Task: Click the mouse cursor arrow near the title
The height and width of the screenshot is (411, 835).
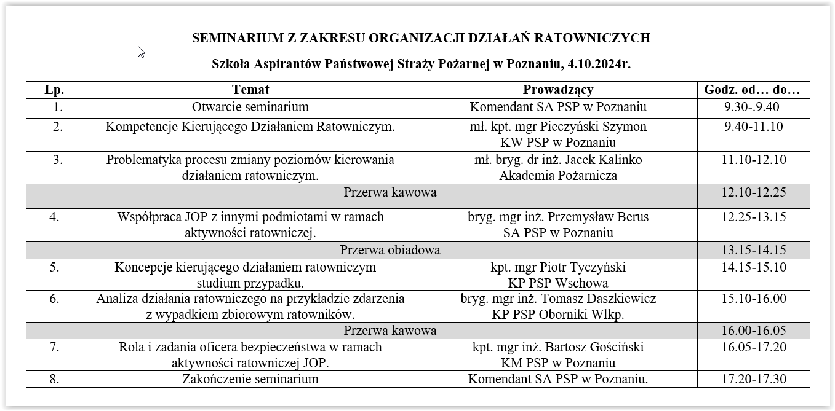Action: [x=141, y=52]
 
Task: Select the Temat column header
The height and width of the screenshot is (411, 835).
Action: [x=250, y=90]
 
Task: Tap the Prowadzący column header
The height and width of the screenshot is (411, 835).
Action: [x=557, y=90]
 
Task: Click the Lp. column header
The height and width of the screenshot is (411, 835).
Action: [x=54, y=90]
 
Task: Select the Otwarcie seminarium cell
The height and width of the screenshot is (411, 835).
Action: [x=250, y=107]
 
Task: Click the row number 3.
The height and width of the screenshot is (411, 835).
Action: [x=58, y=160]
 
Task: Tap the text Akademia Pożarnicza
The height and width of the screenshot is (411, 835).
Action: [x=557, y=176]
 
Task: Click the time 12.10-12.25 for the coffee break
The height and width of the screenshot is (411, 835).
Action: [x=753, y=192]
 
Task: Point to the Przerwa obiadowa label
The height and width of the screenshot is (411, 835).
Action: [x=390, y=250]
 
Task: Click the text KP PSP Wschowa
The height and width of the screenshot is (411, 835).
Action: [x=557, y=283]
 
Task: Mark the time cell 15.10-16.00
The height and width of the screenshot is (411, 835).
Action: [x=753, y=299]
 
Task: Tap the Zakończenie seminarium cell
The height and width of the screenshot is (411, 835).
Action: [x=250, y=378]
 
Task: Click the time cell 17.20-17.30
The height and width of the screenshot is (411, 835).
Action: [x=753, y=378]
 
